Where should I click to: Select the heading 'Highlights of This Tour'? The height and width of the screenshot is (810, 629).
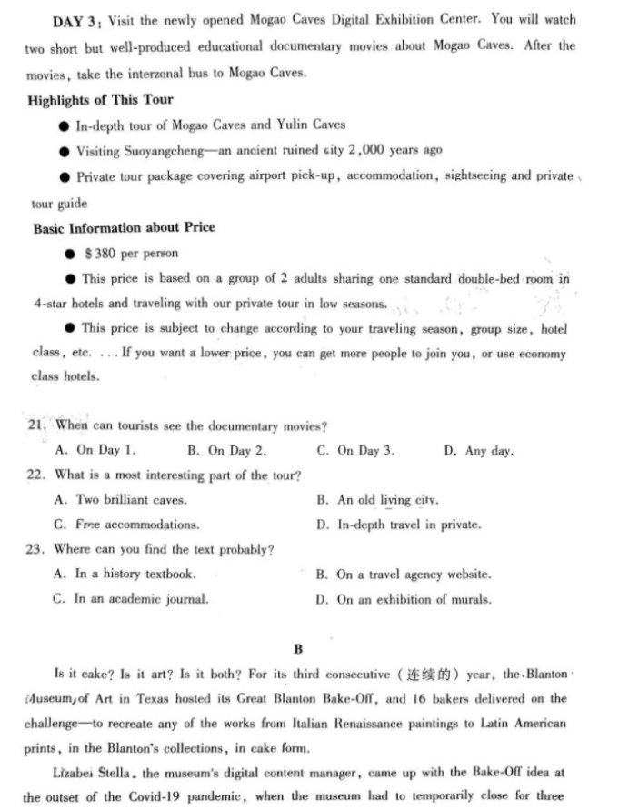(100, 99)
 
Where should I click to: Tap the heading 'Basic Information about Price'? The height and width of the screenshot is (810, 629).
(124, 228)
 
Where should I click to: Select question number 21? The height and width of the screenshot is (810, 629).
(37, 425)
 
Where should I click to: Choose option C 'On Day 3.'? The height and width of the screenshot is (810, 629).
(356, 450)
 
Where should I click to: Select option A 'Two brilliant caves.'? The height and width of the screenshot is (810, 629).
(121, 499)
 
